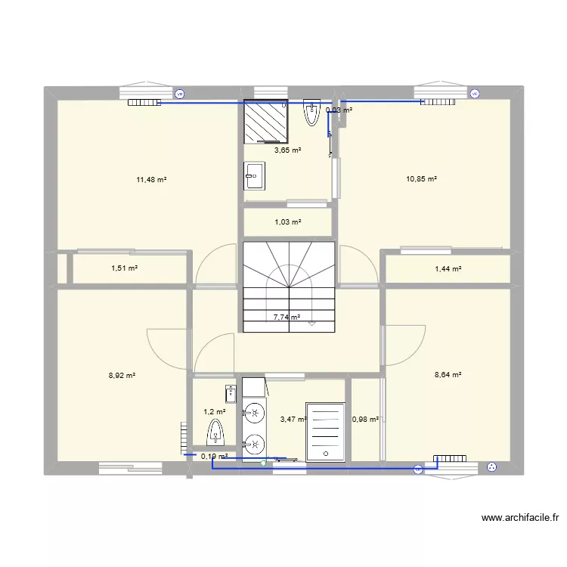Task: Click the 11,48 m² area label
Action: tap(151, 180)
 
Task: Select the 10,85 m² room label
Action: tap(422, 179)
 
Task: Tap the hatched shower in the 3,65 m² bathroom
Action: tap(265, 121)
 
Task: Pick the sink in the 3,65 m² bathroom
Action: tap(254, 175)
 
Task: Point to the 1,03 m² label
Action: tap(287, 222)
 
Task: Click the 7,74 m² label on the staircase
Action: tap(287, 318)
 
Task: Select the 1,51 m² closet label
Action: tap(125, 268)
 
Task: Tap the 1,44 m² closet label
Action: tap(447, 268)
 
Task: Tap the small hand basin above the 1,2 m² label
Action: tap(230, 393)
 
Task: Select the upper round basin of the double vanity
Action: tap(255, 413)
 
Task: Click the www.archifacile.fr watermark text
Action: tap(519, 518)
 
